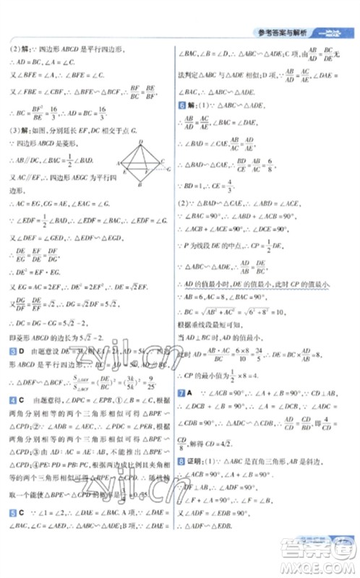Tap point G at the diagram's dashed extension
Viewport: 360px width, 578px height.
point(169,171)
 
